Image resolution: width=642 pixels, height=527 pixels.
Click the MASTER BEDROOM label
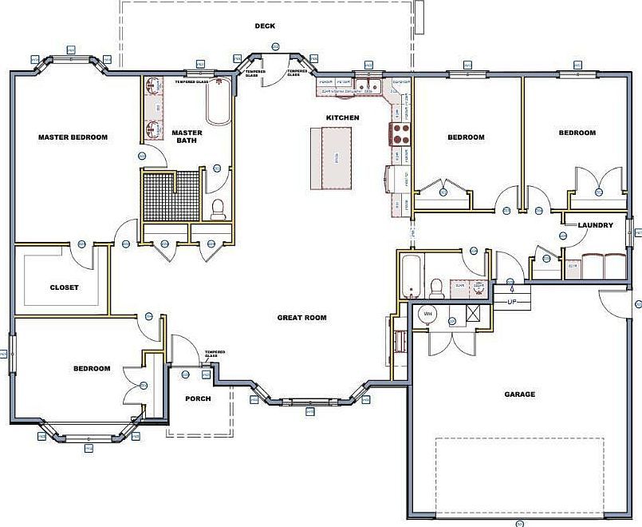click(x=73, y=137)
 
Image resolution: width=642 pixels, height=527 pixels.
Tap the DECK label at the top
click(x=265, y=26)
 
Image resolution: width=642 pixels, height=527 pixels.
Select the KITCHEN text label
click(x=342, y=118)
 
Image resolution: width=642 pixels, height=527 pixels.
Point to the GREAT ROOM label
click(x=301, y=318)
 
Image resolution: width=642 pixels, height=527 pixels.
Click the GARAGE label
click(x=519, y=394)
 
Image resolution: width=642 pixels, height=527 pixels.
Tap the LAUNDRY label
click(x=595, y=226)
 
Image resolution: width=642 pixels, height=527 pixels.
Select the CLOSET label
click(x=64, y=287)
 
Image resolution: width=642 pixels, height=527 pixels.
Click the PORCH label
click(x=198, y=398)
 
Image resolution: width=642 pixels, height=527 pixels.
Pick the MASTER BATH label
click(x=187, y=137)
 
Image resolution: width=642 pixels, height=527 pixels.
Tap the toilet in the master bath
click(x=218, y=208)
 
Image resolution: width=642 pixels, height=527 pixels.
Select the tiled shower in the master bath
click(x=170, y=194)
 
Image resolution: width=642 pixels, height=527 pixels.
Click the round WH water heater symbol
click(x=426, y=313)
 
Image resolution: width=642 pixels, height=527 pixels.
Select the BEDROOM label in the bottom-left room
click(x=92, y=369)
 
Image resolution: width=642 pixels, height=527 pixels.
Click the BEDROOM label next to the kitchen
click(x=465, y=137)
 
